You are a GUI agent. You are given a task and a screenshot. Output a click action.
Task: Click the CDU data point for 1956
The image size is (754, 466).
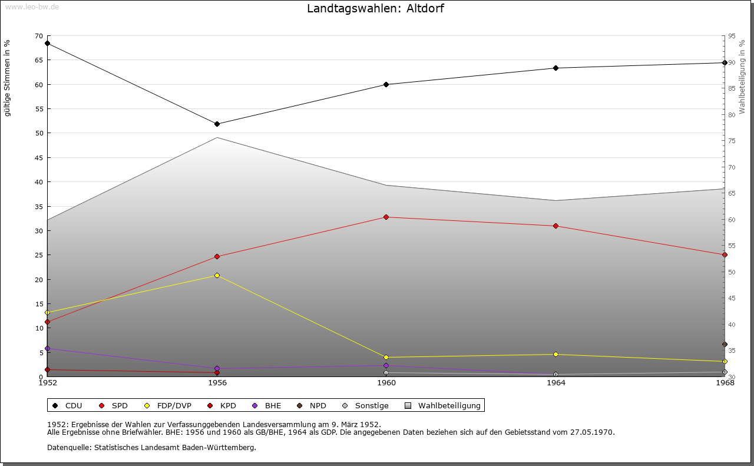click(x=217, y=124)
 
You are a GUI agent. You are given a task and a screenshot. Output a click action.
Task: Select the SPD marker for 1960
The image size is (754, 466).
click(x=386, y=217)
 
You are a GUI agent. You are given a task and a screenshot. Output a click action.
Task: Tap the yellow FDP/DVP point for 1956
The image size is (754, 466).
click(x=217, y=275)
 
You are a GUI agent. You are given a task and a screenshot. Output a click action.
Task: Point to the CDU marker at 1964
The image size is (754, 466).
click(x=555, y=68)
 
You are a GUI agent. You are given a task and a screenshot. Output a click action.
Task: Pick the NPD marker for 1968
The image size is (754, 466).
click(x=725, y=345)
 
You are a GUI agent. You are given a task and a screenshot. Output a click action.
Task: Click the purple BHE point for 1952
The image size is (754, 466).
click(x=47, y=348)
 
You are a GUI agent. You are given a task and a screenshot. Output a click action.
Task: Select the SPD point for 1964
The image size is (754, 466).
click(x=555, y=226)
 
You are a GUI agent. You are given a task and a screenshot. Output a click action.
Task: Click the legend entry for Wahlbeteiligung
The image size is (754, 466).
click(x=449, y=405)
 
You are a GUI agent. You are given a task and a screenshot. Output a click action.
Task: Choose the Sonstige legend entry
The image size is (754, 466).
click(x=371, y=405)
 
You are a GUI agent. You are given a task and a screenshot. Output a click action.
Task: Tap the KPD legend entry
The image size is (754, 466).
click(x=227, y=405)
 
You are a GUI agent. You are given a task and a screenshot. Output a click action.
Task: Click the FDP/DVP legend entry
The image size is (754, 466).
click(x=174, y=405)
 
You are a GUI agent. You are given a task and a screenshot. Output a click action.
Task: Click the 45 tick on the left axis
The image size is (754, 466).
click(x=38, y=157)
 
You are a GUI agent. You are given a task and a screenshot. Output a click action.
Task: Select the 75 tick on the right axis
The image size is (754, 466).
click(x=732, y=141)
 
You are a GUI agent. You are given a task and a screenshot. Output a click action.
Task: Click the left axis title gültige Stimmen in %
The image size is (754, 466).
click(x=8, y=78)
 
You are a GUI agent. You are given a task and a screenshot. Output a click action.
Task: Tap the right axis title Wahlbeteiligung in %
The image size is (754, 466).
click(x=742, y=77)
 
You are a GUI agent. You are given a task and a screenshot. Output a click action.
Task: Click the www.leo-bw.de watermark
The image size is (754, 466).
click(x=31, y=6)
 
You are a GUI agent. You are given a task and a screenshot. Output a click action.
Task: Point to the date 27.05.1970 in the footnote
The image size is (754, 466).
click(x=591, y=432)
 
